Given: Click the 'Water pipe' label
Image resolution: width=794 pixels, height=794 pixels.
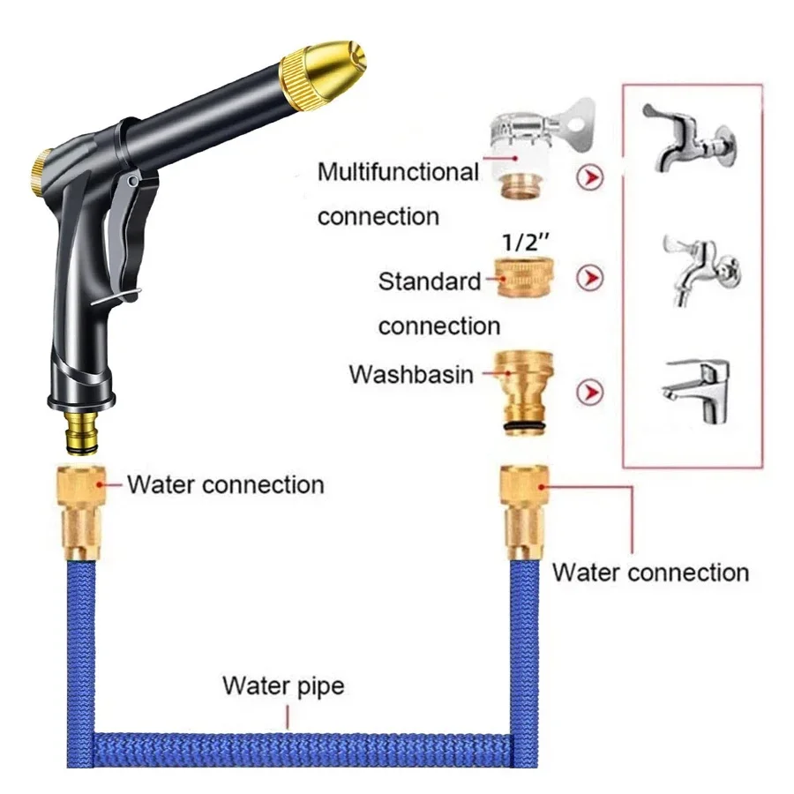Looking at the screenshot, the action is click(283, 685).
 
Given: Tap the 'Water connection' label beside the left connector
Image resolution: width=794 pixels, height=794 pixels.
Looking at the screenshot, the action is click(225, 484).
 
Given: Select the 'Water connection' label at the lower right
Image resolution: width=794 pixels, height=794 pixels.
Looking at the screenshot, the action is click(650, 572).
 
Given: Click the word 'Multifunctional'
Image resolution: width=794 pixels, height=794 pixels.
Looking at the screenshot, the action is click(398, 171).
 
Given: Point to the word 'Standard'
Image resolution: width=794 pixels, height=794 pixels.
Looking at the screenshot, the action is click(430, 282).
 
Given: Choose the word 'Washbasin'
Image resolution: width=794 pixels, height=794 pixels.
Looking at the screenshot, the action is click(411, 374).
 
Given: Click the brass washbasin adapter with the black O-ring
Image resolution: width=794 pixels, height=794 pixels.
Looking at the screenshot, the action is click(524, 389).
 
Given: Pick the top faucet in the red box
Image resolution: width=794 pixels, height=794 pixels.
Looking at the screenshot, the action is click(687, 137).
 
